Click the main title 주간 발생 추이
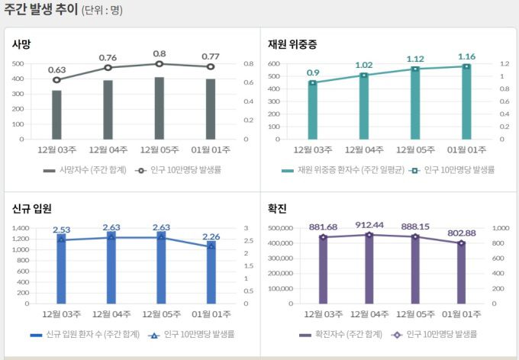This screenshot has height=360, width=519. pyautogui.click(x=40, y=10)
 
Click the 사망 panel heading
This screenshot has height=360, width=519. pyautogui.click(x=21, y=44)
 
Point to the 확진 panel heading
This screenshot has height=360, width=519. pyautogui.click(x=277, y=208)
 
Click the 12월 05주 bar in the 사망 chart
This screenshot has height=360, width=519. pyautogui.click(x=159, y=108)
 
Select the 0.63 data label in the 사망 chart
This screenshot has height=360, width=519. pyautogui.click(x=56, y=70)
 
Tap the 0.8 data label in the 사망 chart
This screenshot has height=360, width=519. pyautogui.click(x=159, y=54)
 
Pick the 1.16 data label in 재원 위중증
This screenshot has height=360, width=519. pyautogui.click(x=466, y=56)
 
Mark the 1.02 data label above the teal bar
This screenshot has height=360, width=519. pyautogui.click(x=364, y=65)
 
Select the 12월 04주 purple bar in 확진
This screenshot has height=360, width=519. pyautogui.click(x=369, y=268)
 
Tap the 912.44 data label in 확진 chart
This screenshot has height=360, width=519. pyautogui.click(x=369, y=225)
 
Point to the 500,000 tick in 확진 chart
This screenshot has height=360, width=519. pyautogui.click(x=279, y=228)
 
